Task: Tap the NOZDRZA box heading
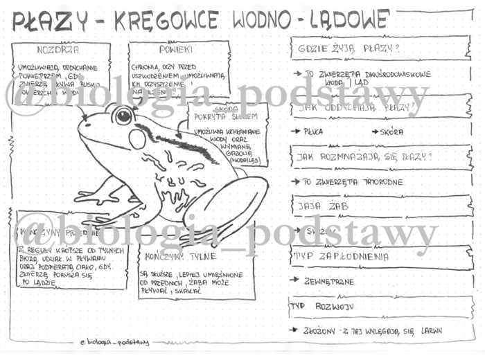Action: [x=58, y=50]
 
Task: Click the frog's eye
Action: [x=123, y=116]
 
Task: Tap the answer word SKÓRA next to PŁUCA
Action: [x=391, y=132]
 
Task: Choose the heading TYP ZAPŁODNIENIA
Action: [x=340, y=256]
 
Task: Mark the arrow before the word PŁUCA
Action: [x=296, y=132]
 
